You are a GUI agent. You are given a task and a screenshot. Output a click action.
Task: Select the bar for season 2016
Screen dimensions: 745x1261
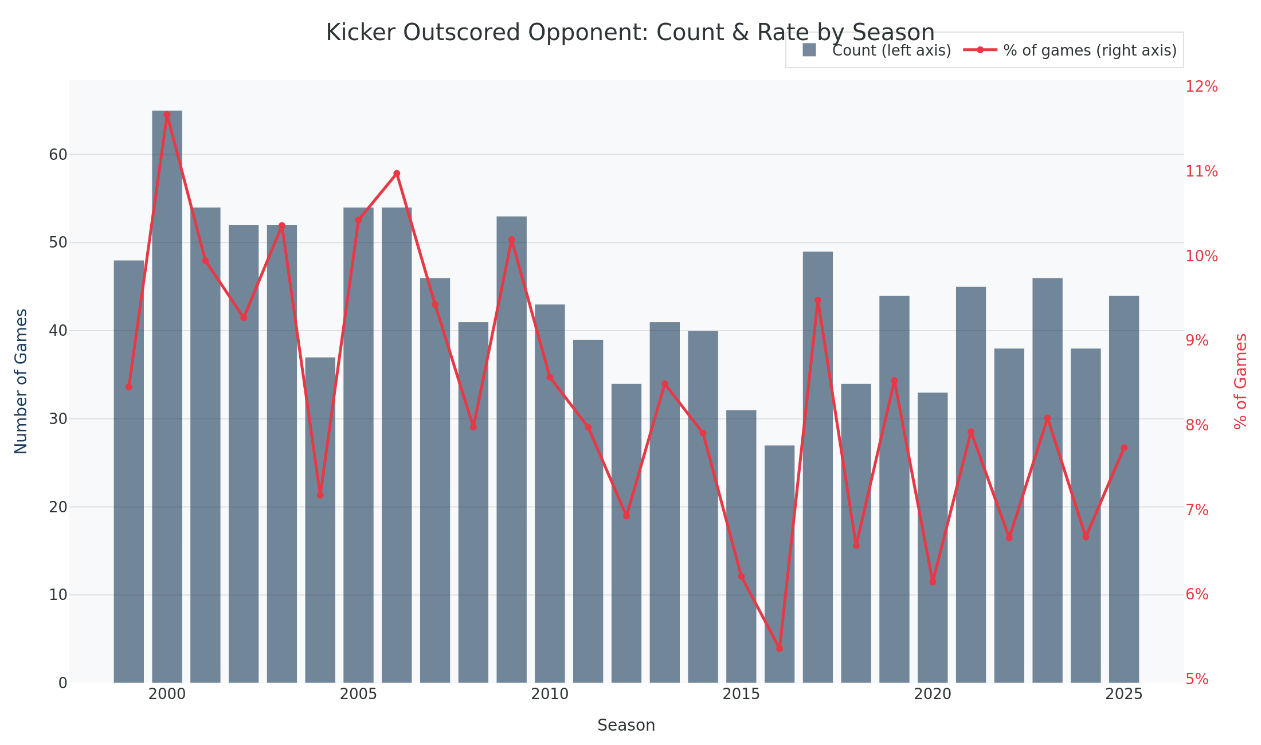pos(780,564)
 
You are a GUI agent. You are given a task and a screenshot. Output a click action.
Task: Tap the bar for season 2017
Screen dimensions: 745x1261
pos(818,467)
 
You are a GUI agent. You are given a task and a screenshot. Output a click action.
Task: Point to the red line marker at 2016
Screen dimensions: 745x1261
pos(780,649)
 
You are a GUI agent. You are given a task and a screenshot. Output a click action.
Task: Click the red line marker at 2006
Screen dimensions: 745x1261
pos(397,174)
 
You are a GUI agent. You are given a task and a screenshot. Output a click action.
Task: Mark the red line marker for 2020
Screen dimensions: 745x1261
pos(933,582)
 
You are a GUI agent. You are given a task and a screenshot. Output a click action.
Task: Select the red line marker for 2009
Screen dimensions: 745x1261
pos(512,240)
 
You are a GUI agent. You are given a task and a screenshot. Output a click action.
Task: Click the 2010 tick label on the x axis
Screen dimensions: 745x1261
pos(550,695)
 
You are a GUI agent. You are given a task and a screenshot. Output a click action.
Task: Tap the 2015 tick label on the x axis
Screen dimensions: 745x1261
pos(741,695)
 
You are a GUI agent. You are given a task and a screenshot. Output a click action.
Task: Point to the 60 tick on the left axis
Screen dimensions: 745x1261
pos(58,155)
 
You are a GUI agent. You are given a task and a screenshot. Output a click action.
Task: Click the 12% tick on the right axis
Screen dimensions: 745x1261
pos(1201,87)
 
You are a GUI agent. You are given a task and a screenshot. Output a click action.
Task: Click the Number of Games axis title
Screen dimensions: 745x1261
pos(21,381)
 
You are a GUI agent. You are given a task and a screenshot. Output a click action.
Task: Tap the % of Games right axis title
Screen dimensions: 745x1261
pos(1240,381)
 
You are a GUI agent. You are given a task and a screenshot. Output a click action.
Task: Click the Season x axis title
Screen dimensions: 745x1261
pos(626,726)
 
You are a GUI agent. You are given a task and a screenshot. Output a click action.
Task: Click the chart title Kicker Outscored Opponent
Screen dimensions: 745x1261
pos(630,33)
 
